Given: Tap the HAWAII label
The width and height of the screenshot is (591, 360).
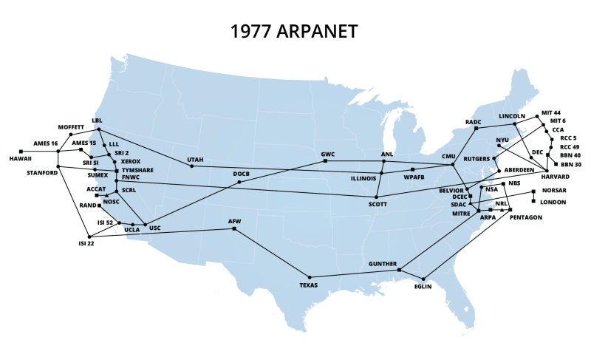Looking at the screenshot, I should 21,159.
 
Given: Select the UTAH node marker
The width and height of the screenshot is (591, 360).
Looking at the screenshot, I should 192,166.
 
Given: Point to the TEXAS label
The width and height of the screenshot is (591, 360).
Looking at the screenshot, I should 308,285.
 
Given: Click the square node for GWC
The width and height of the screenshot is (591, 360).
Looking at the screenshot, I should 325,161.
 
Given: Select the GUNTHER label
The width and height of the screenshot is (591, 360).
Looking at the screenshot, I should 382,263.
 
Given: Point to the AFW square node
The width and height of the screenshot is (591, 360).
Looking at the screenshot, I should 234,229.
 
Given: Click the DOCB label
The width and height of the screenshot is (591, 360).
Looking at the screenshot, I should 242,174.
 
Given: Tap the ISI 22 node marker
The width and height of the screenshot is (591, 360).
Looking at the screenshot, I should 89,237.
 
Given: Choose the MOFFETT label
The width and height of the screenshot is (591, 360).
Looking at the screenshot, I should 71,126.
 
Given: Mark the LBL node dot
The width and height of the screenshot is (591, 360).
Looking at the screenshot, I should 99,129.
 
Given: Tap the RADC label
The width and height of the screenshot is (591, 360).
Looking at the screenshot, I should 473,121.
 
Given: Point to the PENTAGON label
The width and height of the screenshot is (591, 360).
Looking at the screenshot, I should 527,217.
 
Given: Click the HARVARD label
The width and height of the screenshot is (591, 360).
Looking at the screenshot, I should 556,177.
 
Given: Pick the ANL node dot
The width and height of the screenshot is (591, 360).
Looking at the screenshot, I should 382,161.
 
